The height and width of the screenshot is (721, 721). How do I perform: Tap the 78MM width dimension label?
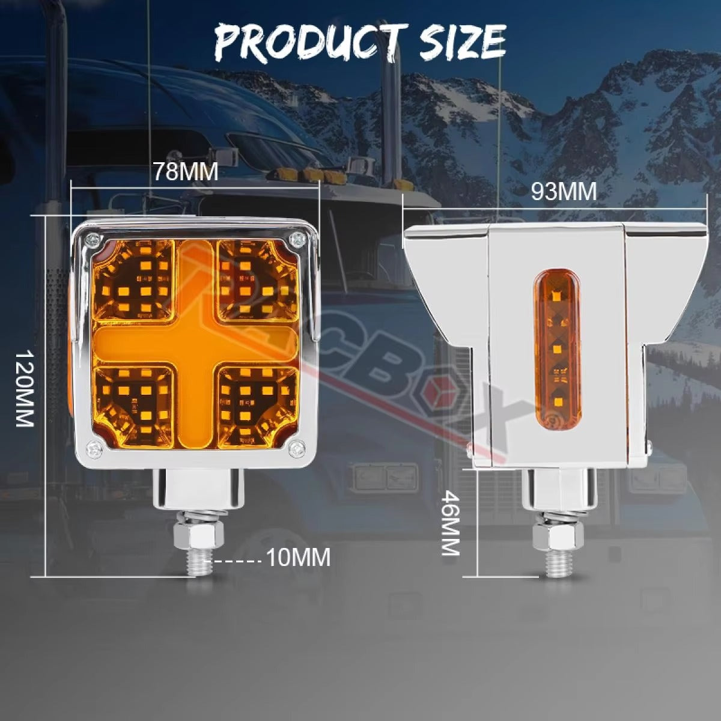click(x=185, y=172)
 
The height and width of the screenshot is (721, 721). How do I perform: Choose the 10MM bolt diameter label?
click(x=298, y=558)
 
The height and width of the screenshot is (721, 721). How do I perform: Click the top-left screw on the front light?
click(x=92, y=240)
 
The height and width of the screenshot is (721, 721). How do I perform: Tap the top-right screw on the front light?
click(x=295, y=240)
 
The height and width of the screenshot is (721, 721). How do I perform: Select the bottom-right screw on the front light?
click(x=295, y=447)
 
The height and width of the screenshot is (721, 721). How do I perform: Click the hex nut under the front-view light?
click(x=199, y=534)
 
